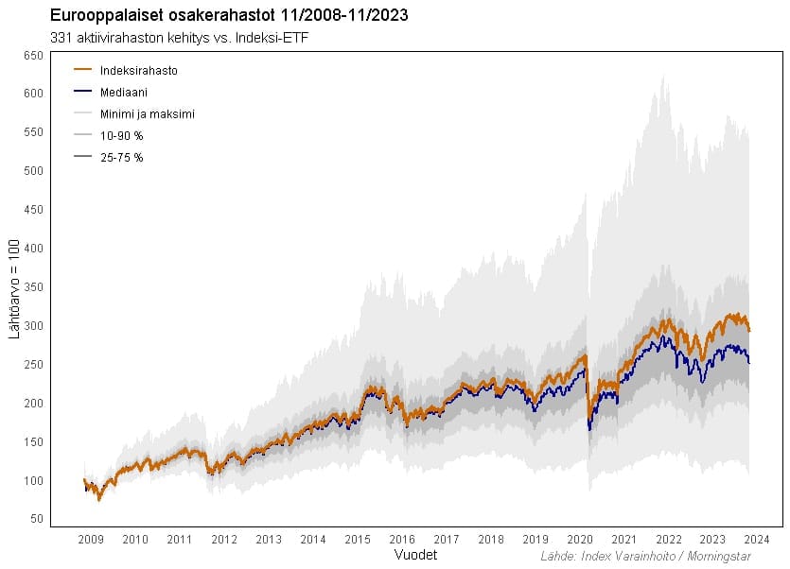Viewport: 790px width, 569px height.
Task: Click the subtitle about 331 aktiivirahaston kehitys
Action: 179,38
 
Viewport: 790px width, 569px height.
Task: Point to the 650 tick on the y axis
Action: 33,56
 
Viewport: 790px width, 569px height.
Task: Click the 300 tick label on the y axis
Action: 33,326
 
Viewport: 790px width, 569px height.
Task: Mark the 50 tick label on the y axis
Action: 36,519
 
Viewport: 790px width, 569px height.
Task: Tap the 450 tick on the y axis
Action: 33,210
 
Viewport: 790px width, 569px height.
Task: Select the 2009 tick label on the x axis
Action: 91,540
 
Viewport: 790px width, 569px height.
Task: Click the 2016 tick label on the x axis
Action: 402,540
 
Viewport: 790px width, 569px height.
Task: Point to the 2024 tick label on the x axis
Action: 758,540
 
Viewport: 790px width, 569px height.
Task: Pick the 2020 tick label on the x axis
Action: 580,540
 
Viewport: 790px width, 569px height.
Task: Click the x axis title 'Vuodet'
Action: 414,552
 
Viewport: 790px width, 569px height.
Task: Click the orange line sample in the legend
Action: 82,70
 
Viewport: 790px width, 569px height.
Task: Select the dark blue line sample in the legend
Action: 82,92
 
